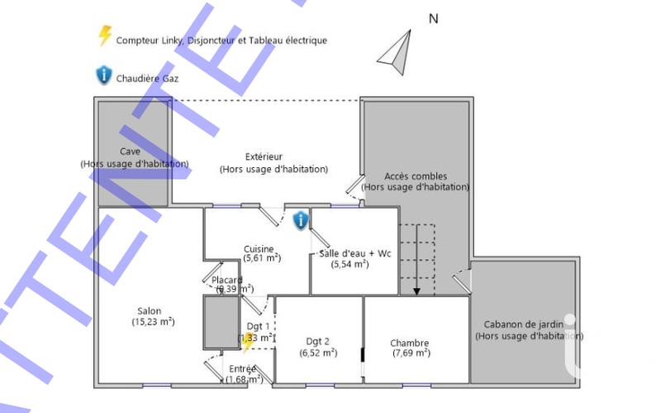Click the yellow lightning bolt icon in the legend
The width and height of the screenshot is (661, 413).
105,36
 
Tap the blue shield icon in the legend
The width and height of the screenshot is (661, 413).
103,76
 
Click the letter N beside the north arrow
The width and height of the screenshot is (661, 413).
432,18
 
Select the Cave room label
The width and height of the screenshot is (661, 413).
130,151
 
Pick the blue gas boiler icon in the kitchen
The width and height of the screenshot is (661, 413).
301,219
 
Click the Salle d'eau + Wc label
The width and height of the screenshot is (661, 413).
354,253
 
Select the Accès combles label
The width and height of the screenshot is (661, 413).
416,176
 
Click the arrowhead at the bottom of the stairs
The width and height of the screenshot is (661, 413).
417,291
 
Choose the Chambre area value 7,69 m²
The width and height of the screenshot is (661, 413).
411,353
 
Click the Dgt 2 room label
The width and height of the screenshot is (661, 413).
317,341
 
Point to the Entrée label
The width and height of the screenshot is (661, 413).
242,368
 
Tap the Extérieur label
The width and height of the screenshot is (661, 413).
264,156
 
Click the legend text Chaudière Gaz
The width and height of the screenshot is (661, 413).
148,79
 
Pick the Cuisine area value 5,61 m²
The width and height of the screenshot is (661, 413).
262,258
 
